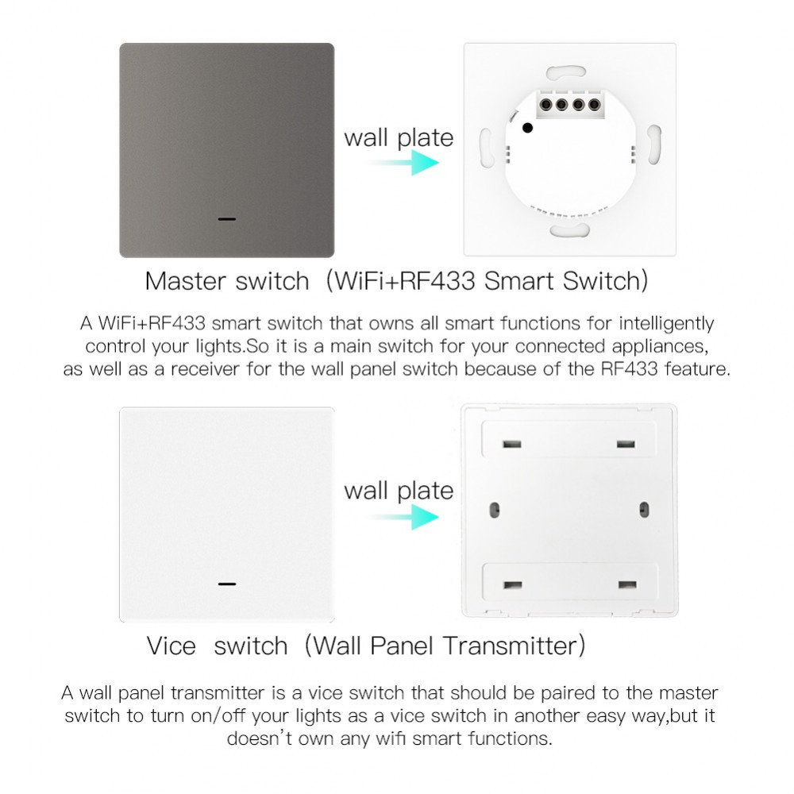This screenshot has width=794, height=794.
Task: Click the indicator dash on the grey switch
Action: click(x=227, y=219)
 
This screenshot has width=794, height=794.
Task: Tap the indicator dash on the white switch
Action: click(x=227, y=584)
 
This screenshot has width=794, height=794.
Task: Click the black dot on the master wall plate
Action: click(x=528, y=128)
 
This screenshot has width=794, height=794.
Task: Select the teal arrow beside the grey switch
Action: click(x=403, y=163)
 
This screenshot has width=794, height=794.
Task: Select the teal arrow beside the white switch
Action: click(x=403, y=517)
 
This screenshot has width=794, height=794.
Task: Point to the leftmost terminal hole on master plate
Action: click(x=546, y=105)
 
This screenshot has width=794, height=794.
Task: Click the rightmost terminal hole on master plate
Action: click(x=595, y=105)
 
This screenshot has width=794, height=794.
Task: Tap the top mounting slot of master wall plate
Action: click(x=566, y=72)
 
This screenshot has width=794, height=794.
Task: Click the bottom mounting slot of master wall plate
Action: click(x=569, y=230)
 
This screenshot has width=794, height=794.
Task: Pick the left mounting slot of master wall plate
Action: click(x=487, y=148)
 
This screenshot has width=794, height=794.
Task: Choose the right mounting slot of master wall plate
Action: click(x=653, y=145)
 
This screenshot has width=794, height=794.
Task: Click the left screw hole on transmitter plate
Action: click(x=495, y=510)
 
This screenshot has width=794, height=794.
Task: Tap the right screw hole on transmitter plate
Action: click(x=644, y=510)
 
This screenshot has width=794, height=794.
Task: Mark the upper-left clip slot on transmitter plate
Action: click(x=512, y=444)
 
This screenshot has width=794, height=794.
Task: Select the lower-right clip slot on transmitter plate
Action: click(x=627, y=585)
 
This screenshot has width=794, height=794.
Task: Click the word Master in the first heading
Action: click(x=185, y=281)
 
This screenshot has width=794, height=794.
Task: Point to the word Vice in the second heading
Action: click(x=172, y=646)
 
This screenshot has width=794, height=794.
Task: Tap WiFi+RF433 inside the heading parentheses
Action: click(x=405, y=281)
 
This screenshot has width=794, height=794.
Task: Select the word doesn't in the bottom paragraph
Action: click(x=260, y=738)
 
